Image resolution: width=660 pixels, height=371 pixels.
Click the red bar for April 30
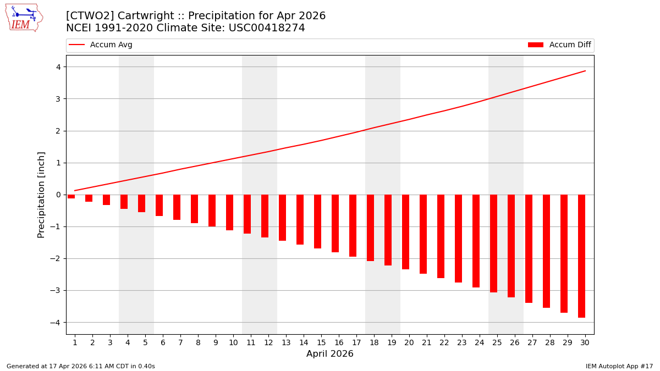581,256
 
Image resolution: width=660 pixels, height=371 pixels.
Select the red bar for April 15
317,222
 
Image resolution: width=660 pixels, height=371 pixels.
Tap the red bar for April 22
441,236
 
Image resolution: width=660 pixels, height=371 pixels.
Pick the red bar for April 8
194,209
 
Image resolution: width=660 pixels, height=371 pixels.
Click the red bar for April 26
511,246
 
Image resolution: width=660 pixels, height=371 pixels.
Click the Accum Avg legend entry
101,45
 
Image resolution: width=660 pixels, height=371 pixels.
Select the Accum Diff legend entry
560,45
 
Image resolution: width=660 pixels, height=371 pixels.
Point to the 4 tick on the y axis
58,67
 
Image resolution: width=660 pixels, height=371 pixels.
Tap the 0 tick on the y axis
58,195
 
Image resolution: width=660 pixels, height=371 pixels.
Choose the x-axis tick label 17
356,343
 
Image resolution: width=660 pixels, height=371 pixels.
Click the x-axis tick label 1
75,343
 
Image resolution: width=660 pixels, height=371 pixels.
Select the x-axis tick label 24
480,343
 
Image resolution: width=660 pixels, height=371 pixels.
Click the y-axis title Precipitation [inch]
41,195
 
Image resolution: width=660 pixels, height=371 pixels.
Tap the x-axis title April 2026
330,355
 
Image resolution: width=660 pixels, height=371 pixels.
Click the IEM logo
24,18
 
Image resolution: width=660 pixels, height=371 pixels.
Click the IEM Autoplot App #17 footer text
619,367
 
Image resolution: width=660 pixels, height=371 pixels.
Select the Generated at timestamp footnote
81,367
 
